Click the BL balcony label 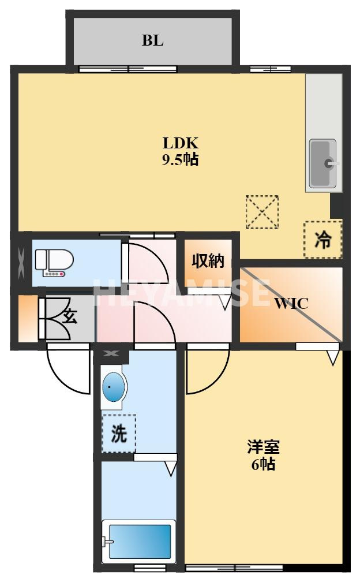[x=152, y=40]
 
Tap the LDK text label [x=180, y=143]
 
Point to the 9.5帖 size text [x=180, y=159]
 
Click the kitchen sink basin [x=323, y=163]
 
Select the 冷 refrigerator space [x=323, y=239]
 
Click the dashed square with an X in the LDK [x=262, y=211]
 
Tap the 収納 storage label [x=208, y=260]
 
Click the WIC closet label [x=292, y=303]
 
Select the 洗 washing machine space [x=119, y=434]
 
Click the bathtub [x=139, y=541]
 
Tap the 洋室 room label [x=263, y=447]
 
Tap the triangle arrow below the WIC [x=333, y=357]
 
